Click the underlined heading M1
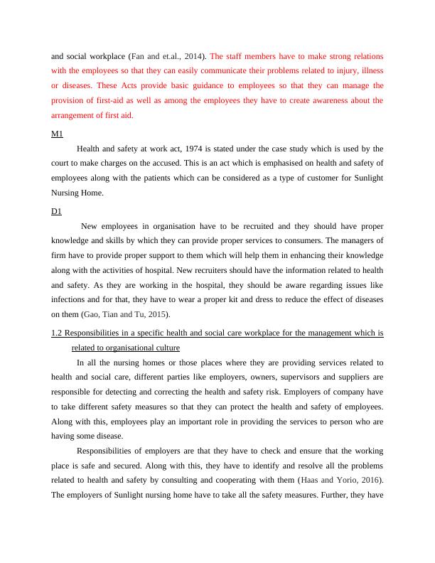point(57,134)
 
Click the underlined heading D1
point(57,211)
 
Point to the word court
point(63,164)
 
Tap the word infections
point(70,299)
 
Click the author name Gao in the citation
point(93,314)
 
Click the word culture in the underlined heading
point(165,348)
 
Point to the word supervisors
point(287,377)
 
